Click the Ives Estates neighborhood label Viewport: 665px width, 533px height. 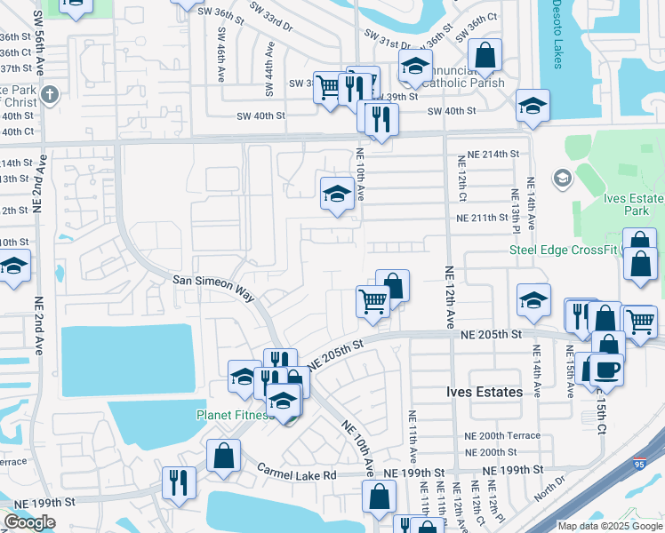tap(485, 392)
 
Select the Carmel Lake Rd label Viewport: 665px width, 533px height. tap(297, 475)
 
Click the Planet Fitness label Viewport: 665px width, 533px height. tap(235, 415)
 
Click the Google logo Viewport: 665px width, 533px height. tap(29, 521)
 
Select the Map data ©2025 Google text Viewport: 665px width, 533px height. tap(608, 526)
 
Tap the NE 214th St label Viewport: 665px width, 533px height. tap(486, 155)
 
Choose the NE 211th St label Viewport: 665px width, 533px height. tap(486, 218)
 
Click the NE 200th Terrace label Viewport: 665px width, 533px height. tap(502, 436)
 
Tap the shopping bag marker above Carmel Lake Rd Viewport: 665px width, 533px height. tap(223, 455)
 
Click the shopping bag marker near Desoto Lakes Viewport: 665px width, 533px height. tap(485, 55)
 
